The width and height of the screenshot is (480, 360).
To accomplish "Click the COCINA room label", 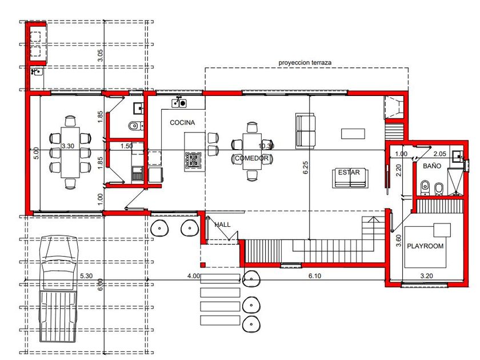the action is (x=182, y=122).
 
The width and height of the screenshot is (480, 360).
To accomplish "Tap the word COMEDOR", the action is (x=251, y=158).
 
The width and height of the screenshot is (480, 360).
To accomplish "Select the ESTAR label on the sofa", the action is (x=349, y=173).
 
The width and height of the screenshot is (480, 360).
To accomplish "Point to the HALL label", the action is (x=222, y=225).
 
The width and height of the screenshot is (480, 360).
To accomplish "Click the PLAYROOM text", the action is (x=425, y=246).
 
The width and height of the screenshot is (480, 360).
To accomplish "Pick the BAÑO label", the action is (x=432, y=166).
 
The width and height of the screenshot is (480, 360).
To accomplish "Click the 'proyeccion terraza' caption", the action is (x=305, y=63).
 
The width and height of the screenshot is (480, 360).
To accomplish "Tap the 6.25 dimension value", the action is (x=306, y=168).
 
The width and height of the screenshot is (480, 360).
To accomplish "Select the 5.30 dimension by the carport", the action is (x=86, y=276).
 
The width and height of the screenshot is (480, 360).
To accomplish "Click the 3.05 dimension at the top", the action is (x=101, y=55).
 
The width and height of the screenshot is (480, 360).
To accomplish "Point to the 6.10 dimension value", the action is (x=315, y=276).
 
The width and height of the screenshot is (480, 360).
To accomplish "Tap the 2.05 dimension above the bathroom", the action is (x=440, y=154).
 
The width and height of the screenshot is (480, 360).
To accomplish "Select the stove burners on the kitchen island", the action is (x=193, y=160).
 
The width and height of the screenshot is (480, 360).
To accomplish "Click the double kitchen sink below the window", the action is (x=179, y=103).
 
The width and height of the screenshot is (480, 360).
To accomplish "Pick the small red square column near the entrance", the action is (x=203, y=265).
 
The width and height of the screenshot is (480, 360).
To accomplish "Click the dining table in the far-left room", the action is (x=70, y=152).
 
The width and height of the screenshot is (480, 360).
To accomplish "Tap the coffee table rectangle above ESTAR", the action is (x=353, y=134).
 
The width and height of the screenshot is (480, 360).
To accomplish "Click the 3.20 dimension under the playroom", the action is (x=426, y=276).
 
